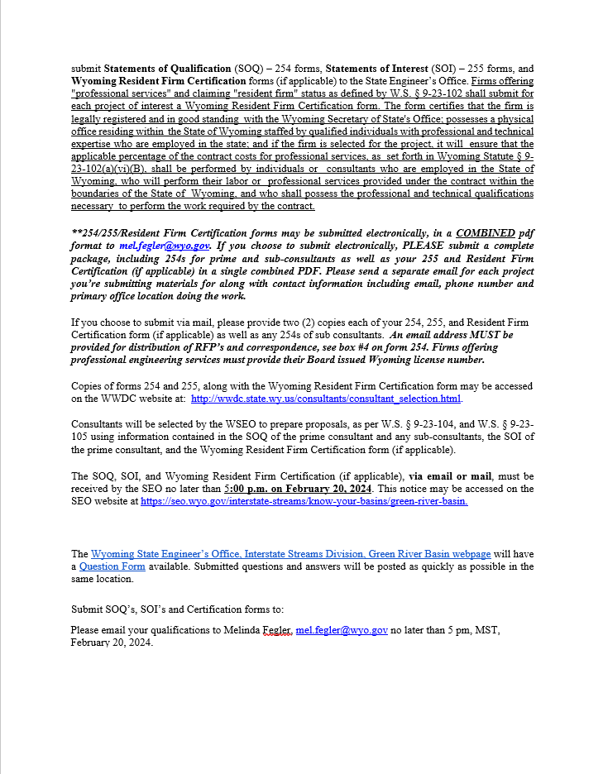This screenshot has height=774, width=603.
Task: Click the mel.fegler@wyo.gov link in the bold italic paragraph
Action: pyautogui.click(x=165, y=246)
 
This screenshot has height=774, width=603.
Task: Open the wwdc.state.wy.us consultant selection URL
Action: pyautogui.click(x=326, y=399)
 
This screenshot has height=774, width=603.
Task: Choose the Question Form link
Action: pyautogui.click(x=112, y=566)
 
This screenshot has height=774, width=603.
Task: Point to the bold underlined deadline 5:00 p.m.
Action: pyautogui.click(x=246, y=489)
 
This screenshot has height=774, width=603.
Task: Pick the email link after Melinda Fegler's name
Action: pyautogui.click(x=342, y=630)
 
